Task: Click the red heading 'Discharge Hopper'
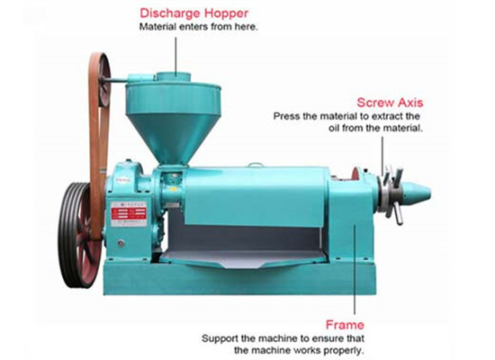(x=193, y=13)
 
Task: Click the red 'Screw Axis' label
(x=390, y=103)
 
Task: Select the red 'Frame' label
(x=345, y=325)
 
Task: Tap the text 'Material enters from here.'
(x=199, y=27)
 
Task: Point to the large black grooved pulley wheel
(x=76, y=235)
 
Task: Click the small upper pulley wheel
(x=103, y=79)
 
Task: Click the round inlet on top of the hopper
(x=174, y=76)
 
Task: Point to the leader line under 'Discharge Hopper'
(x=175, y=56)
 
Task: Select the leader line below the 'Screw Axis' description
(x=382, y=156)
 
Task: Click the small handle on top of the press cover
(x=256, y=165)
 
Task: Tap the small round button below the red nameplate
(x=121, y=243)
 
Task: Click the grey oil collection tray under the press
(x=243, y=257)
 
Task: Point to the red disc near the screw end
(x=356, y=175)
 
